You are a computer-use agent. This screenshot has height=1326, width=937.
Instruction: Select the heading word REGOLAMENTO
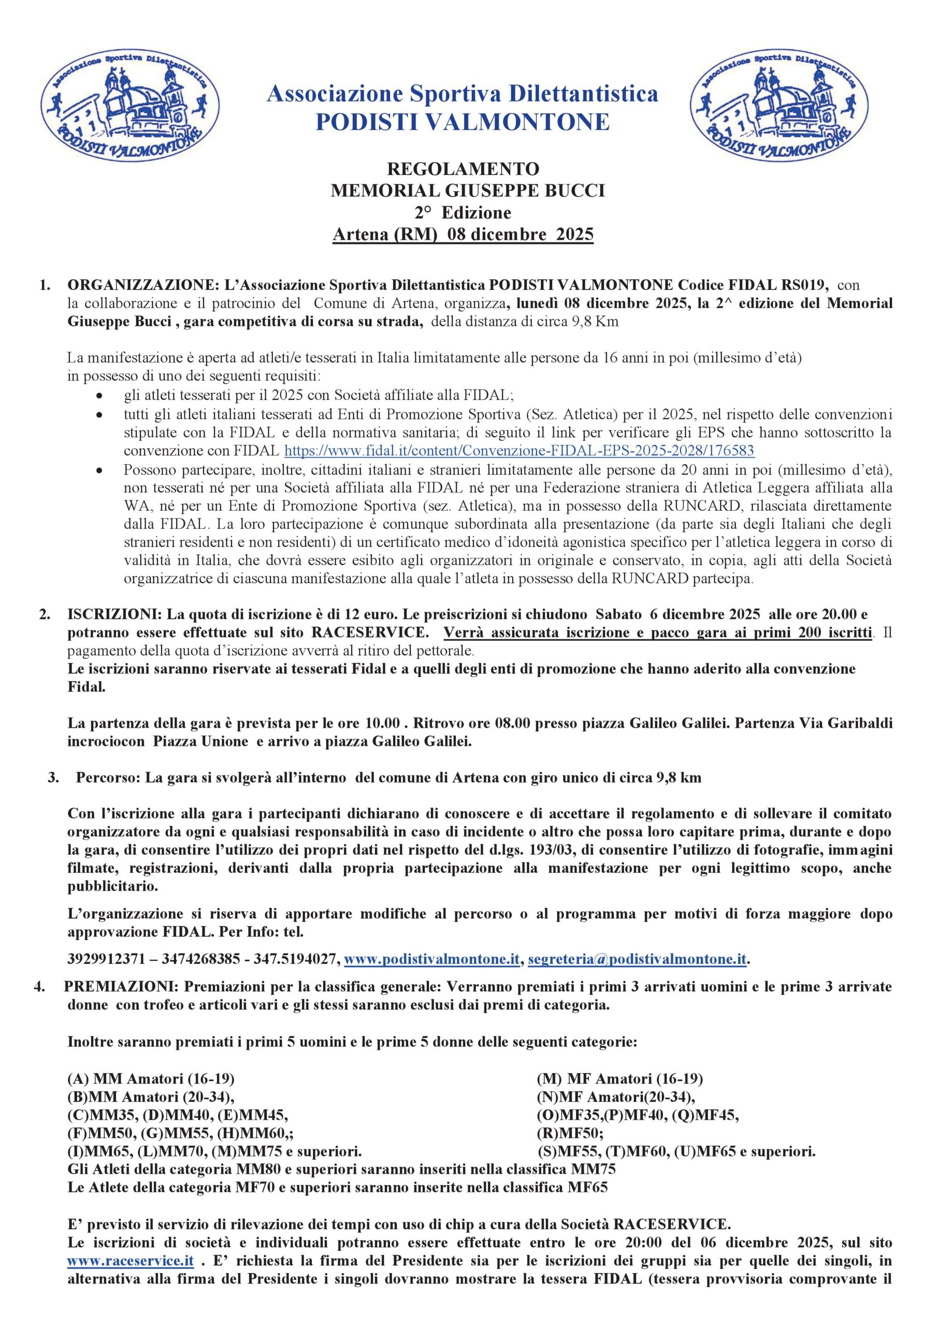click(x=463, y=169)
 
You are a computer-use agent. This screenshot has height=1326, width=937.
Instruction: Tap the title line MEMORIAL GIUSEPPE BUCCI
click(x=467, y=191)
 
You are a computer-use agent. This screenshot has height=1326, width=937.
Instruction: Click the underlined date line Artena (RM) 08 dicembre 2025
click(x=463, y=235)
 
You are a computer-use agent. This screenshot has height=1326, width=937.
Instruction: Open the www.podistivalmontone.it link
click(x=432, y=959)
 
